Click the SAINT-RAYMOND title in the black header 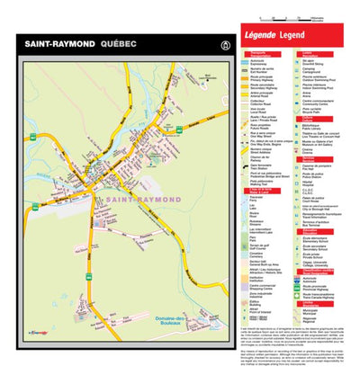point(56,44)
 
